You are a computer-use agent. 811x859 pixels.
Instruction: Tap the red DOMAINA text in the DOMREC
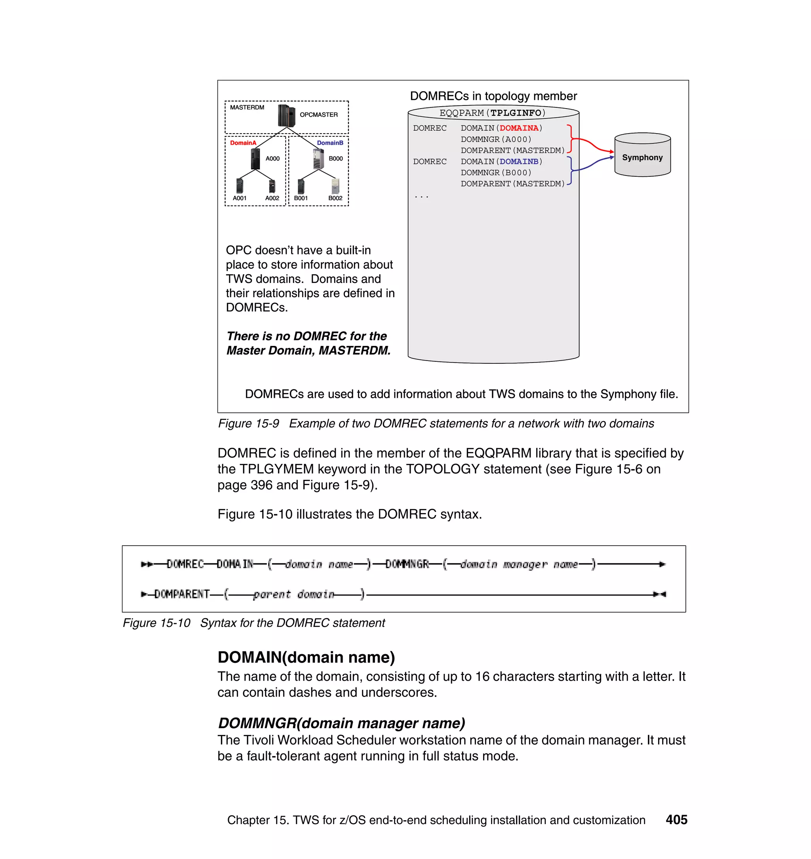point(519,128)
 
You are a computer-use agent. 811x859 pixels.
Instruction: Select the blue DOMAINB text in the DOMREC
point(519,161)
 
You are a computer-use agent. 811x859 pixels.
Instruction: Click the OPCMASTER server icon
point(286,115)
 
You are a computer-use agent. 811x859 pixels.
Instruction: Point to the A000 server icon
point(255,159)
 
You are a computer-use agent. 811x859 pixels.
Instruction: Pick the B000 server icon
point(319,159)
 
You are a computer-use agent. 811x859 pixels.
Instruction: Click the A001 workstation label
point(240,198)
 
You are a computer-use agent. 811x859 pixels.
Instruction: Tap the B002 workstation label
point(335,198)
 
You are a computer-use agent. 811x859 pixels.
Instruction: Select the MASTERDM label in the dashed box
point(247,107)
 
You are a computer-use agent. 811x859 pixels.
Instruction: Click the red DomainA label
point(243,143)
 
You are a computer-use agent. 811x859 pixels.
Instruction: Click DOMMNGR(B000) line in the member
point(496,173)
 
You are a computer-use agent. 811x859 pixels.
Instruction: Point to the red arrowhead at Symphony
point(612,151)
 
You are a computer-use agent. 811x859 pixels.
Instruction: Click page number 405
point(676,820)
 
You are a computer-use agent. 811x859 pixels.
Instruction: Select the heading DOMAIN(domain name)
point(306,657)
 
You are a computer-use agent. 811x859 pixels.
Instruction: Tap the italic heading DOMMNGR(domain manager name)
point(341,723)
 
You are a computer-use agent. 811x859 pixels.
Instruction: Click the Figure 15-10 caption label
point(156,623)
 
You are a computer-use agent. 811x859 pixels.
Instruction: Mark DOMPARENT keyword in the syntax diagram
point(182,594)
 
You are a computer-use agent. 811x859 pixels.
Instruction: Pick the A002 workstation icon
point(272,186)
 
